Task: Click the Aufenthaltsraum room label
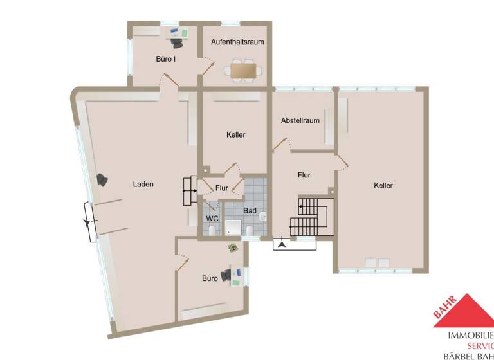[237, 42]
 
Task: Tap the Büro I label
[166, 59]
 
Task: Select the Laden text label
[143, 184]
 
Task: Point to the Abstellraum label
[300, 120]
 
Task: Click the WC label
[212, 219]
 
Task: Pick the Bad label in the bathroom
[250, 210]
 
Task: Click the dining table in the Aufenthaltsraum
[243, 69]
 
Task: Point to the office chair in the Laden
[102, 180]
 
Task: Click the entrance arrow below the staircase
[282, 244]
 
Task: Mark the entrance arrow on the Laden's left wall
[88, 222]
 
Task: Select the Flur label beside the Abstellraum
[304, 174]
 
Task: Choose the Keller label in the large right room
[383, 185]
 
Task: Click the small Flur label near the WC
[222, 188]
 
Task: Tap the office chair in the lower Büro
[226, 275]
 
